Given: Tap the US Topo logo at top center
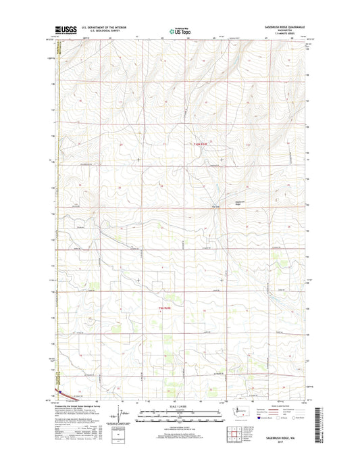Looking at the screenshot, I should click(180, 30).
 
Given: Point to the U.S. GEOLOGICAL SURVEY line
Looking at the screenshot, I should click(101, 31).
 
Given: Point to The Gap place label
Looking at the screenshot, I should click(217, 206).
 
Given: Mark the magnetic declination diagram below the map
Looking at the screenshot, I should click(122, 414).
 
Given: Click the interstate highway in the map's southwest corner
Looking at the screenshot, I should click(61, 391).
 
